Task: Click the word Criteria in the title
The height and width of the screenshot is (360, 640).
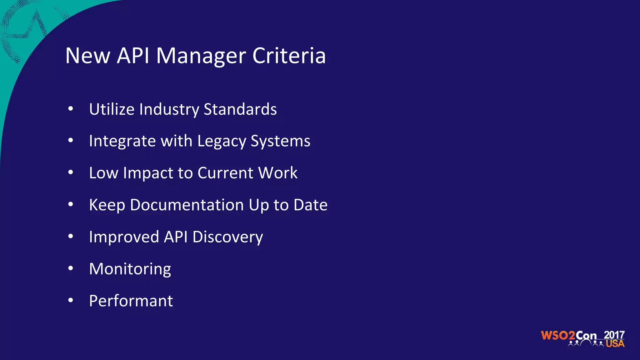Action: (289, 56)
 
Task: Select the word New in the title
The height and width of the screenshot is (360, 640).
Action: (88, 56)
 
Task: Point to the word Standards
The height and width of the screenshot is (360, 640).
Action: (240, 109)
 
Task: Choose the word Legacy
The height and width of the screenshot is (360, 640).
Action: (222, 141)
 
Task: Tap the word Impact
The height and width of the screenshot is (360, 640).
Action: (148, 173)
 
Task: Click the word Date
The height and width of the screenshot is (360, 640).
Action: (310, 205)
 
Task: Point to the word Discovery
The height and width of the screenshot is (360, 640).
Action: (227, 237)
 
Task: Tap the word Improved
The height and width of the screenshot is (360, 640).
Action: (124, 237)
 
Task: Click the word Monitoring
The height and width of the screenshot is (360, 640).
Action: (130, 269)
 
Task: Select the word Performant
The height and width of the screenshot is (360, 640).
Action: (131, 301)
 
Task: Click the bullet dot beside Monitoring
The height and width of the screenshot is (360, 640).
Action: (71, 268)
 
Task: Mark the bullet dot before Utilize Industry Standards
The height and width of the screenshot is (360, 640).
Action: (71, 108)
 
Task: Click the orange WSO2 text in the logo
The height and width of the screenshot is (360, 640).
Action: (558, 336)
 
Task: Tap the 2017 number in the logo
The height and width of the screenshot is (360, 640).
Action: (614, 335)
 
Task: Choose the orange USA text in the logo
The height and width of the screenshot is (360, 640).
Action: (615, 344)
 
